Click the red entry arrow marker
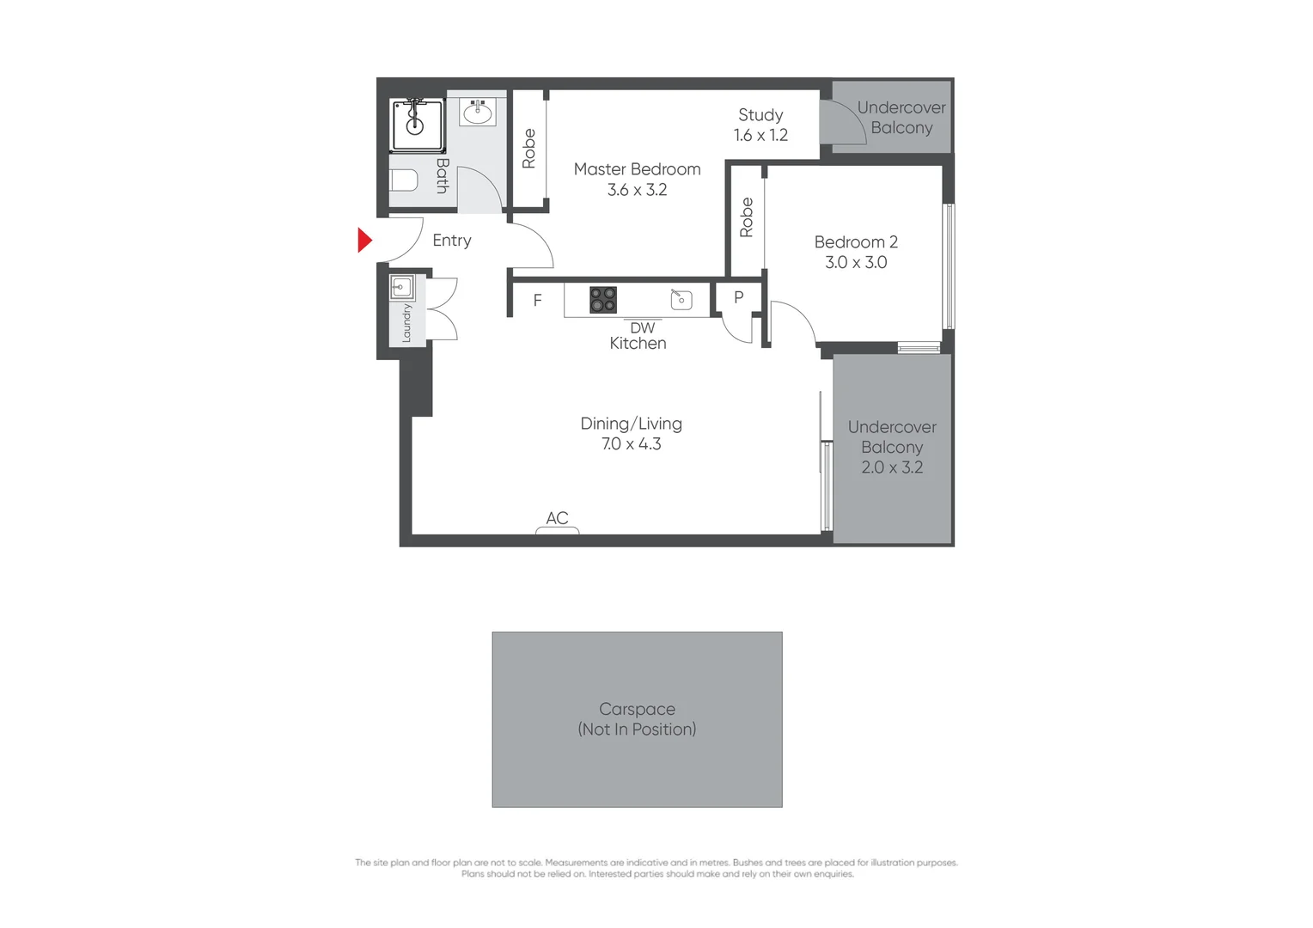[x=364, y=240]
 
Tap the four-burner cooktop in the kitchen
[x=602, y=300]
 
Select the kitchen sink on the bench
[x=681, y=299]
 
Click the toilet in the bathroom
[x=404, y=180]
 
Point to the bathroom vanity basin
[x=478, y=113]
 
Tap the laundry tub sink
[x=401, y=287]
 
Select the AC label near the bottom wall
[x=557, y=518]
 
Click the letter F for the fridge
[x=537, y=301]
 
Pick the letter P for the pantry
[x=738, y=298]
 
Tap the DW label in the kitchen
[x=642, y=328]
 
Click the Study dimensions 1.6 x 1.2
[x=760, y=135]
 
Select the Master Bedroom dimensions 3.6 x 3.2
[x=637, y=190]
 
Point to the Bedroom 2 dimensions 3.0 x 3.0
[x=856, y=263]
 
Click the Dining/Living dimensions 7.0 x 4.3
[x=631, y=444]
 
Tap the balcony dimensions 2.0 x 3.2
[x=892, y=467]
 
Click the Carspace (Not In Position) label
[x=637, y=719]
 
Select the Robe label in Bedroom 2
[x=746, y=217]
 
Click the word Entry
[x=452, y=241]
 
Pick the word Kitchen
[x=638, y=344]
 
